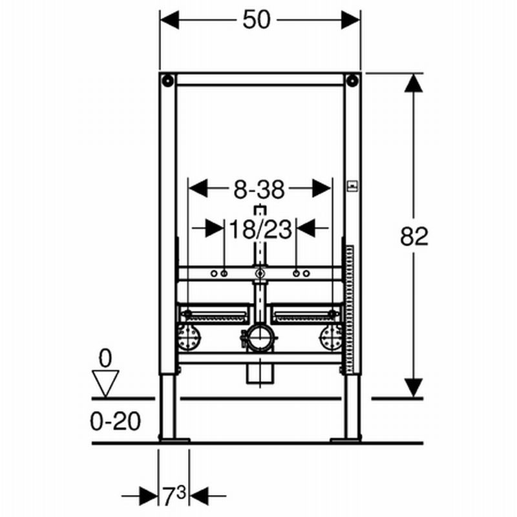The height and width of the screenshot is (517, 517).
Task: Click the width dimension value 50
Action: click(x=257, y=20)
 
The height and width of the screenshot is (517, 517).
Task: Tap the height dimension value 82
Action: click(x=414, y=236)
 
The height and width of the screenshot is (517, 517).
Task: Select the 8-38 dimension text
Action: click(x=259, y=189)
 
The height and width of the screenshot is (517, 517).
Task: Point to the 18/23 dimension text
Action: click(x=260, y=229)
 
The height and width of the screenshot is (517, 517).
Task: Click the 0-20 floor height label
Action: click(x=116, y=421)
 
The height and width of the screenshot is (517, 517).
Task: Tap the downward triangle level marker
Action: click(x=105, y=383)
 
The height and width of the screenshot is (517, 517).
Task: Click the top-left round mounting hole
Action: click(x=168, y=80)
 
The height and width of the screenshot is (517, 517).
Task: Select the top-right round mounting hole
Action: click(x=353, y=80)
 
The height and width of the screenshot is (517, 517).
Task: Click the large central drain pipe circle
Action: click(x=260, y=338)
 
